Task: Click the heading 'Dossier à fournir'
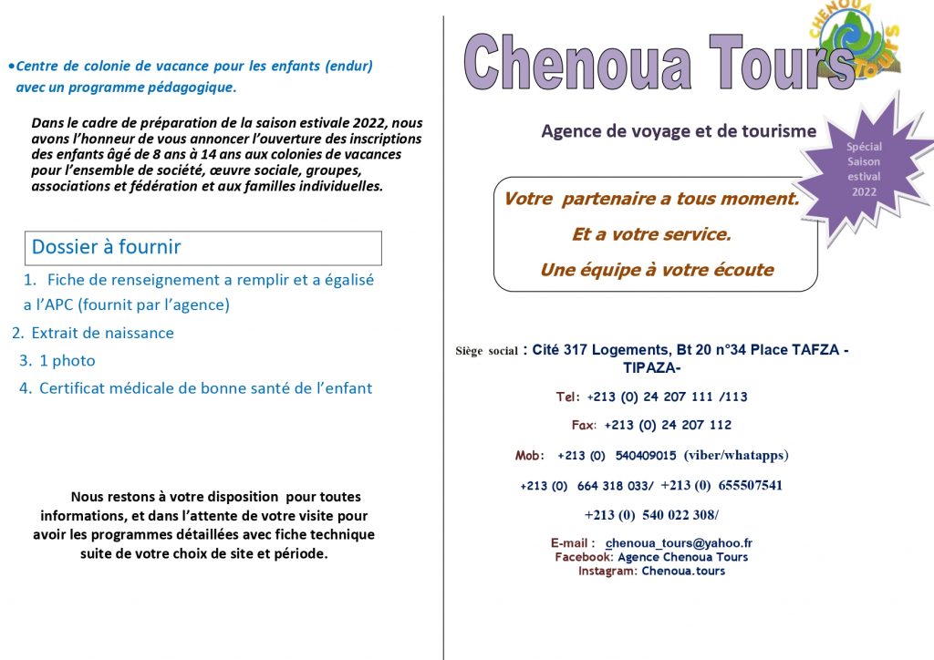coord(107,247)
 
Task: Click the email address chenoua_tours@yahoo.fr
coord(679,543)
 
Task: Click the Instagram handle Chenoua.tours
coord(683,571)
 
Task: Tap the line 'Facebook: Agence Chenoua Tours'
coord(651,557)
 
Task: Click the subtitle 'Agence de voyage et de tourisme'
coord(679,131)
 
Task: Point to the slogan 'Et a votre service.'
coord(651,234)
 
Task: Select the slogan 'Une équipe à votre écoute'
coord(657,270)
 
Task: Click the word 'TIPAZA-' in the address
coord(651,368)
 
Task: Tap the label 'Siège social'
coord(487,351)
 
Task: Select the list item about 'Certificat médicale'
coord(205,388)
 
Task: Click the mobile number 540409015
coord(646,456)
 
